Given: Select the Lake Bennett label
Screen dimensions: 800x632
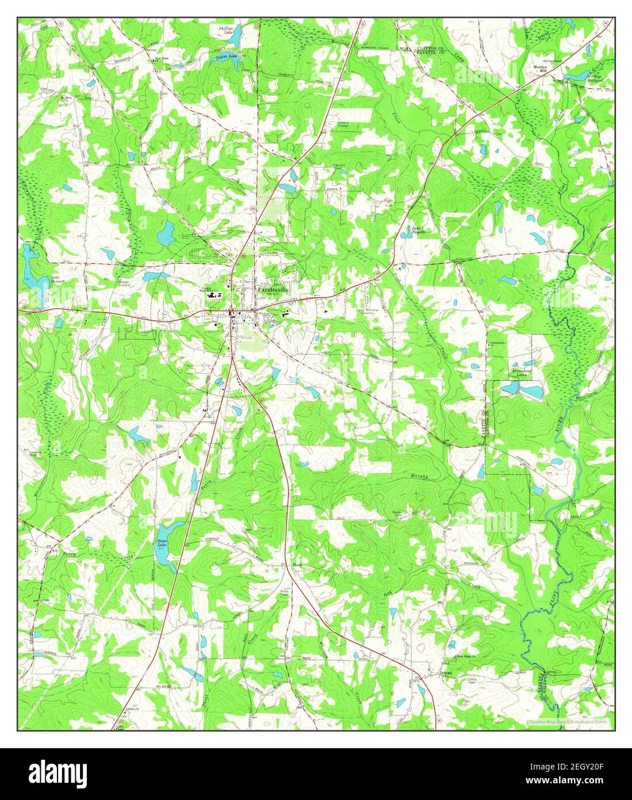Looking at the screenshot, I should tap(56, 280).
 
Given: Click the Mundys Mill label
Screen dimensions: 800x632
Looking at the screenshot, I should tap(539, 68).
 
